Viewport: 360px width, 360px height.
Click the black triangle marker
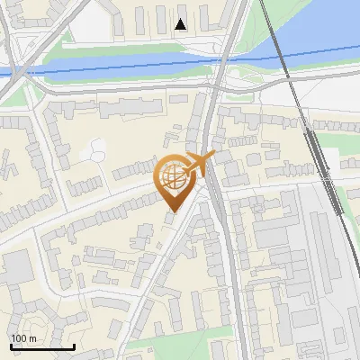(x=181, y=24)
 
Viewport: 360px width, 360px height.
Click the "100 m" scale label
(x=24, y=338)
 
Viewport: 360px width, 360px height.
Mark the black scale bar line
(x=42, y=346)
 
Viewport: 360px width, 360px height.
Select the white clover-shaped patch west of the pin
(x=94, y=150)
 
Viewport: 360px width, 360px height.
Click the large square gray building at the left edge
(x=15, y=267)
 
